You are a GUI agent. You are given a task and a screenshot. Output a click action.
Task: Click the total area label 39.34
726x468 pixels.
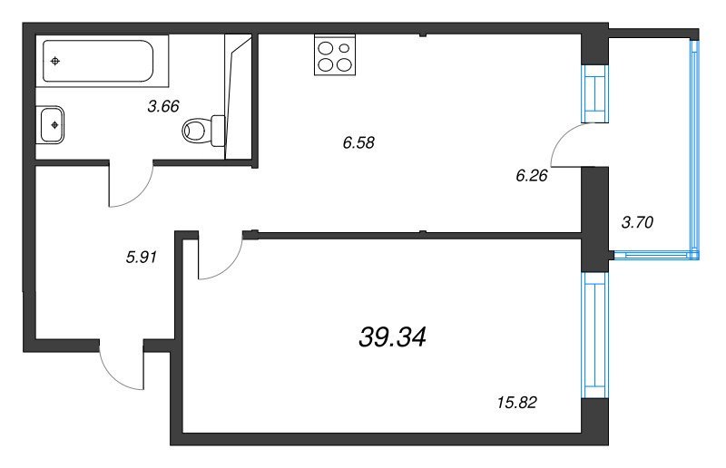pos(392,336)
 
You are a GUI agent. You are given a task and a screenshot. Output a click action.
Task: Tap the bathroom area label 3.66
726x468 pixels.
pos(163,106)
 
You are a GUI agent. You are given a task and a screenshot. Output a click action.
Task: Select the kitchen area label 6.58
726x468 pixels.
pos(358,142)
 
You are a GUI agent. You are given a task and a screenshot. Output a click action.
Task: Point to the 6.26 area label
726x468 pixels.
pos(532,175)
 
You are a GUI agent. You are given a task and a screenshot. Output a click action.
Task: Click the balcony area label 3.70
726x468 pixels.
pos(637,223)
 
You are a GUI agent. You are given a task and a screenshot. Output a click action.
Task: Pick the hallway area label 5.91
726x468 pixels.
pos(142,257)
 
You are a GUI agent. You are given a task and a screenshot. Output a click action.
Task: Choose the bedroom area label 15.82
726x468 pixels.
pos(516,403)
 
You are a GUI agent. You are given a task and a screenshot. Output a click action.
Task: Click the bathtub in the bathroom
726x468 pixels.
pos(98,61)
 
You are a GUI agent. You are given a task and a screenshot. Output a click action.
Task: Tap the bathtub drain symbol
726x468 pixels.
pos(55,61)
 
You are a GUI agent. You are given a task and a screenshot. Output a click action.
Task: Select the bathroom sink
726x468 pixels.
pos(51,124)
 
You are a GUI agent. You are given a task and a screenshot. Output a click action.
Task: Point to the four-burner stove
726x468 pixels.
pos(335,54)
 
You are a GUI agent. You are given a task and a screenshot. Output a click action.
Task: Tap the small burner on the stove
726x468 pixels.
pos(344,48)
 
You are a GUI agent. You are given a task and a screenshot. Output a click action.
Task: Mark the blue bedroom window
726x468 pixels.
pos(595,336)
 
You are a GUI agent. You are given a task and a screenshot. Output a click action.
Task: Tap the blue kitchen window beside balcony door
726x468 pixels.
pos(595,94)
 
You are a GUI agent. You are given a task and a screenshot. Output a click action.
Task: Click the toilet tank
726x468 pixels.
pos(218,131)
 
